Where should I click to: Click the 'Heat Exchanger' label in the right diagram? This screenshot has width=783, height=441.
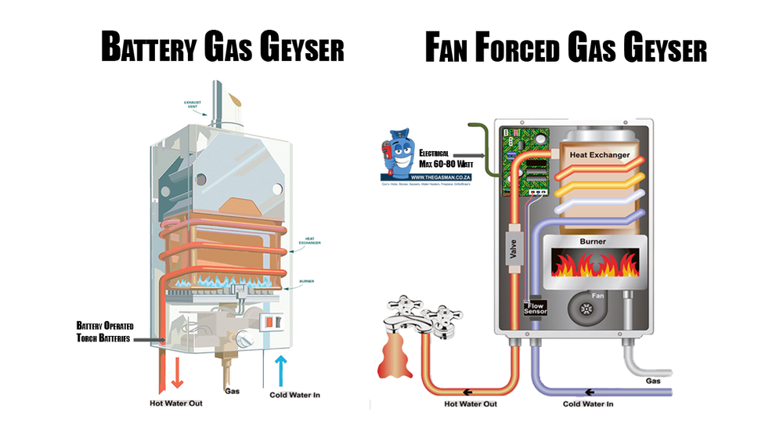pos(599,155)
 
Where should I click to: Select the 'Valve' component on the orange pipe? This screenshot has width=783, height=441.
pos(514,248)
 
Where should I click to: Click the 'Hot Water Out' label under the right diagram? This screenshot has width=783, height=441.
pos(471,404)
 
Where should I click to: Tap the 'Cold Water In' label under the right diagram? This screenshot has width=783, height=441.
pos(587,404)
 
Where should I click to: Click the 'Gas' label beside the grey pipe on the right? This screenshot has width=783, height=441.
pos(654,381)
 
